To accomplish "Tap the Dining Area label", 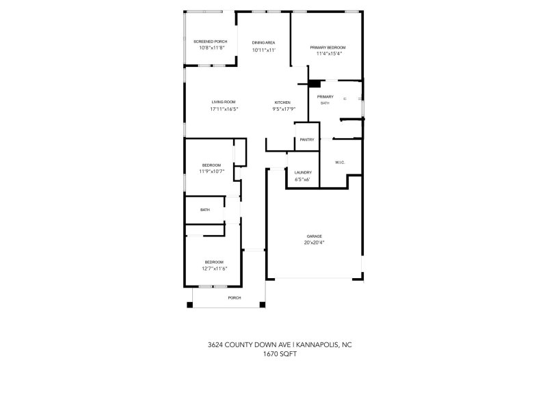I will click(263, 42).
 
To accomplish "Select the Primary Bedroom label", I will click(328, 47).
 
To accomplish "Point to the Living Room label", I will click(223, 102).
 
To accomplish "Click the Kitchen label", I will click(283, 102).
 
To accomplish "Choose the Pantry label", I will click(307, 139).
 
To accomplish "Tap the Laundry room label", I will click(303, 172).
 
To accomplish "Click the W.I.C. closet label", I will click(340, 162).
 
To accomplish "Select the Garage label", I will click(315, 236).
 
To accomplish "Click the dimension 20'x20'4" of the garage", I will click(315, 243).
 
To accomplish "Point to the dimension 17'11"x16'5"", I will click(224, 109).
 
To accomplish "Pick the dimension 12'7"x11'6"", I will click(214, 269).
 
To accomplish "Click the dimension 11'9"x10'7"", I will click(211, 172).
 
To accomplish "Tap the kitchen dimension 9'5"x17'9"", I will click(284, 109).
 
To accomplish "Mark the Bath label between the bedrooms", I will click(204, 210).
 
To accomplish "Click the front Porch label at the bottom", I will click(235, 298).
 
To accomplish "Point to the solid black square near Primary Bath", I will click(315, 84).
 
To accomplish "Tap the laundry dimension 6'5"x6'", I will click(303, 179).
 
